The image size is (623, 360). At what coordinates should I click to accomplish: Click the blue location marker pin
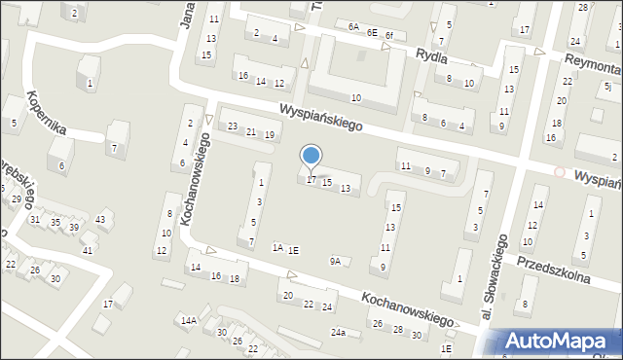[311, 157]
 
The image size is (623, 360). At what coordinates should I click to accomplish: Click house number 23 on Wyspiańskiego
[233, 127]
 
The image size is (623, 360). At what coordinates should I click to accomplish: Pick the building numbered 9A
[336, 261]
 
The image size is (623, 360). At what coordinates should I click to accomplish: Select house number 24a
[337, 333]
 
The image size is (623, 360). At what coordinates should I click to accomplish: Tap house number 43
[100, 219]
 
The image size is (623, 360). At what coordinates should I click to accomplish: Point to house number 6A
[352, 26]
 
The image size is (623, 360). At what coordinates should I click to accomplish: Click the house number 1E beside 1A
[294, 250]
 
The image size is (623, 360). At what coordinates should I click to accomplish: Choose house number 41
[87, 250]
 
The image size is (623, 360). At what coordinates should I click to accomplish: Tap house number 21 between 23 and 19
[251, 131]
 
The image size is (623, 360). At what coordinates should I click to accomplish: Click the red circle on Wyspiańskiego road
[559, 171]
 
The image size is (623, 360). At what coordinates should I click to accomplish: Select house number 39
[73, 227]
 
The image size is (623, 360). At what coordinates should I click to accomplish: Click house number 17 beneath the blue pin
[311, 179]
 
